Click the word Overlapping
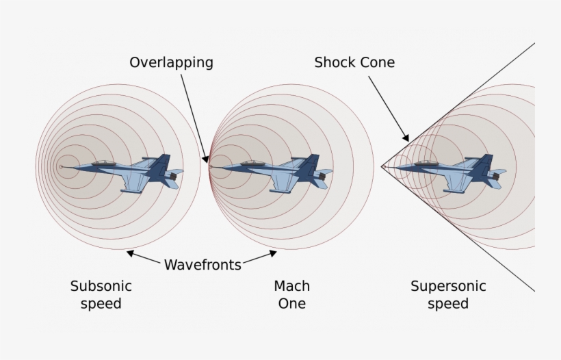point(171,63)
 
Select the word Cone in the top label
point(378,63)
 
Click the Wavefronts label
point(203,265)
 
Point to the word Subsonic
point(101,286)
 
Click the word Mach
point(291,286)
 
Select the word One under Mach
point(291,303)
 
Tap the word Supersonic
point(448,286)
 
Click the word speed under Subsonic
point(101,303)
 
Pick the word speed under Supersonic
point(448,303)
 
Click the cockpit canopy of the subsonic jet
point(104,163)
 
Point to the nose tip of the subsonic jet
point(62,166)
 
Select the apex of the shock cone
point(382,166)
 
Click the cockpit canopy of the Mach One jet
point(254,163)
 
